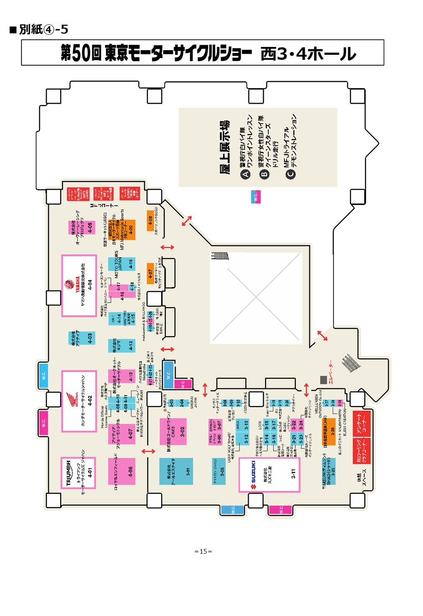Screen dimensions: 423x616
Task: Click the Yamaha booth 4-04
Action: click(79, 286)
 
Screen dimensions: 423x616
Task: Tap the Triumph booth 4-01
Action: click(78, 473)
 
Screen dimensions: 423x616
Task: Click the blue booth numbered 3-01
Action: click(176, 471)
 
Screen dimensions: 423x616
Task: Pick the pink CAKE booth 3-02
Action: click(173, 432)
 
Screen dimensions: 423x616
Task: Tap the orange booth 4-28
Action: click(150, 221)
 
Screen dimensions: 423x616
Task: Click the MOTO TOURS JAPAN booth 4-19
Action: click(123, 264)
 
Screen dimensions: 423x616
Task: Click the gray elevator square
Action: click(323, 380)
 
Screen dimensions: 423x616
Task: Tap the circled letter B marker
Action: click(264, 173)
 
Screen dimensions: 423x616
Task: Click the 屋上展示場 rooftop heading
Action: click(224, 147)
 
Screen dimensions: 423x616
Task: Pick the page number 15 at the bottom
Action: click(203, 551)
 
